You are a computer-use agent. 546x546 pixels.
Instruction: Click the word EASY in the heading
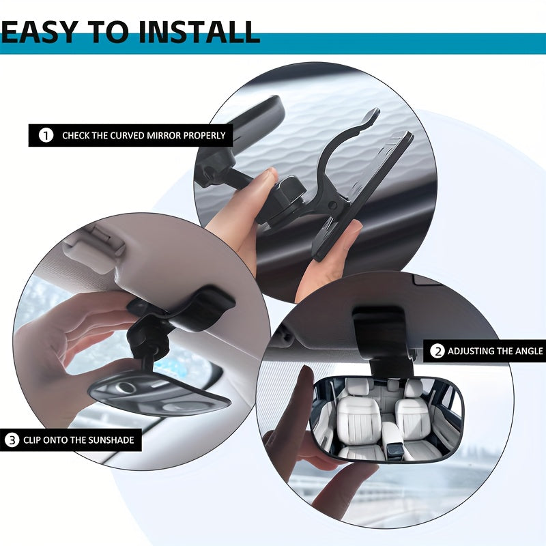(42, 31)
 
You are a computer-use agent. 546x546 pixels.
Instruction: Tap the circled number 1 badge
(46, 135)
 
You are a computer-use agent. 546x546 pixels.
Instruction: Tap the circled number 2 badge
(437, 351)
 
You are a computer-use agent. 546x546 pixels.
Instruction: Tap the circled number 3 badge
(12, 440)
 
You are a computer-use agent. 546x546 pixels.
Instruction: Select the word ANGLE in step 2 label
(526, 351)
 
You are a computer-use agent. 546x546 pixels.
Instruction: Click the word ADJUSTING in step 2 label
(472, 351)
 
